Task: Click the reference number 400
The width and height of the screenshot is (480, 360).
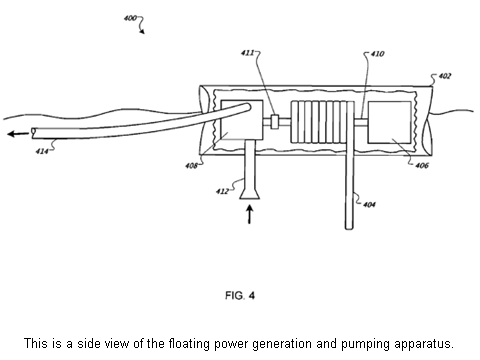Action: click(x=130, y=18)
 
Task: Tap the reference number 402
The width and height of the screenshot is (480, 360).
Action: click(x=445, y=76)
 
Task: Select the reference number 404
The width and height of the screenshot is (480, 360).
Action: click(x=369, y=204)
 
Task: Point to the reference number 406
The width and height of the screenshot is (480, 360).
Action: click(x=422, y=165)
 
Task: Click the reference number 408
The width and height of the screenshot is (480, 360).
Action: click(x=191, y=165)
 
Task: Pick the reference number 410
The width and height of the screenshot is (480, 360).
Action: click(x=377, y=54)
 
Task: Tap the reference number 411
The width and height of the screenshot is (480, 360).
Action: click(x=248, y=53)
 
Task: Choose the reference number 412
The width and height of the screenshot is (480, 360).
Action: click(x=222, y=191)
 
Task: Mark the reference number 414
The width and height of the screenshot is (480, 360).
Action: click(x=42, y=151)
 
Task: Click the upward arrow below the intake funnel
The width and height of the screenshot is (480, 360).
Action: click(x=249, y=214)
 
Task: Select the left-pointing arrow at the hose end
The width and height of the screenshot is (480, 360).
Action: click(x=18, y=134)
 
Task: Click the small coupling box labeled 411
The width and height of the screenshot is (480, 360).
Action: click(x=275, y=122)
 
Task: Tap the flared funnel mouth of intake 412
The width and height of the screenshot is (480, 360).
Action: click(x=250, y=193)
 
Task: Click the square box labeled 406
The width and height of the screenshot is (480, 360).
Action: click(x=389, y=122)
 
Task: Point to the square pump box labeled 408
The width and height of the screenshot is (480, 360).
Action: click(x=242, y=120)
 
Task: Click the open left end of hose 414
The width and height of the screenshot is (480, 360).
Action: click(x=33, y=133)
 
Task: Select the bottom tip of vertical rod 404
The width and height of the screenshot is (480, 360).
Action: click(x=349, y=228)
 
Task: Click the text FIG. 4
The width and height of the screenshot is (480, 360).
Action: click(x=240, y=295)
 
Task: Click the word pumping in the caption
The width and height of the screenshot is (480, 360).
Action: click(x=366, y=344)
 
